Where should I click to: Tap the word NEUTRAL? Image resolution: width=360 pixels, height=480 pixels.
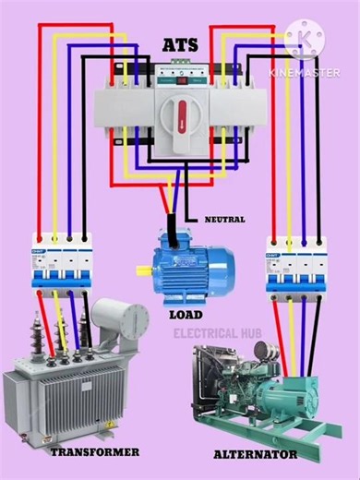(224, 219)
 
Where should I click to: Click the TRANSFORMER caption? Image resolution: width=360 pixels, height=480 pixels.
(95, 451)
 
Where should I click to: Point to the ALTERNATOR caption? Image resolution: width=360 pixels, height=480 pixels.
(255, 454)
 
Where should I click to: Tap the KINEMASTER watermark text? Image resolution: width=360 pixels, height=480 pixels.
(304, 71)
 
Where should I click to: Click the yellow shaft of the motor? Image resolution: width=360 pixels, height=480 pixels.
(144, 270)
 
